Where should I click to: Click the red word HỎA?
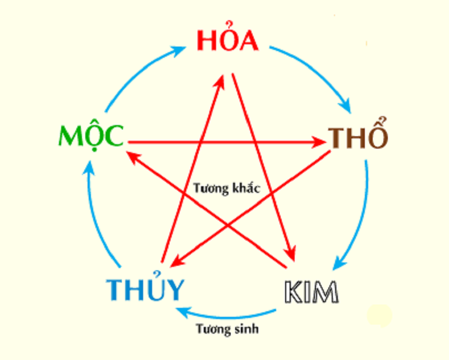(227, 41)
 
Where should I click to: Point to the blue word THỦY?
(145, 289)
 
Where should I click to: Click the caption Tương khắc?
(227, 188)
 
